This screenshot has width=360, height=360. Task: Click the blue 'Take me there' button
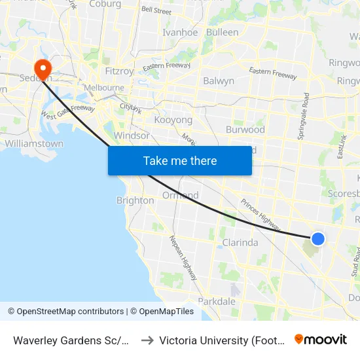(x=180, y=160)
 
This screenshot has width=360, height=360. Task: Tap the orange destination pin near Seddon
(x=43, y=69)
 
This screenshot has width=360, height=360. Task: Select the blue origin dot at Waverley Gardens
(x=317, y=239)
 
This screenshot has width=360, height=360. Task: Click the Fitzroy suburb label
(x=119, y=71)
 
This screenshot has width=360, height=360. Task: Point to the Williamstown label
(x=34, y=143)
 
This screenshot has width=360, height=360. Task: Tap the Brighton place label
(x=135, y=200)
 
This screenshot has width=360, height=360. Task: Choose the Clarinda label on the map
(x=240, y=242)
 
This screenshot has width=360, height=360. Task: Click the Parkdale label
(x=216, y=302)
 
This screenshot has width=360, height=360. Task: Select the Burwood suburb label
(x=245, y=130)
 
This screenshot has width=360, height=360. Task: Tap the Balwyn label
(x=219, y=81)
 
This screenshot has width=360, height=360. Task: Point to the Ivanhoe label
(x=180, y=32)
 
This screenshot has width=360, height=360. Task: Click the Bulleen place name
(x=222, y=32)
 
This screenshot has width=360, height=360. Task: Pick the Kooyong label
(x=173, y=120)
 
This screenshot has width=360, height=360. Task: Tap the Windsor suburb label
(x=132, y=135)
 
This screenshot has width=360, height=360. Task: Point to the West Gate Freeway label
(x=68, y=113)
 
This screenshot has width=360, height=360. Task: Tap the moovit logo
(x=321, y=339)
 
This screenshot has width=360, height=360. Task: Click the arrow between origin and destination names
(x=147, y=340)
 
